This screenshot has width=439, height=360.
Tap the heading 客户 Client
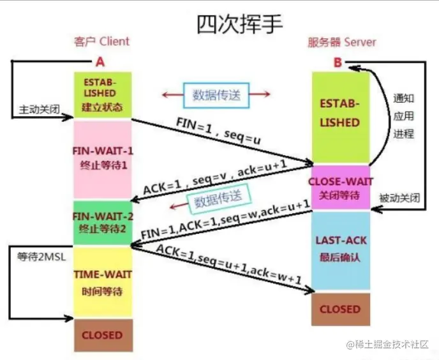click(101, 41)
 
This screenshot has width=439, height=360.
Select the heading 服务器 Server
click(343, 42)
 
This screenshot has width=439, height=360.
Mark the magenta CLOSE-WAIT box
click(340, 188)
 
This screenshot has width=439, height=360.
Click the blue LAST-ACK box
click(340, 250)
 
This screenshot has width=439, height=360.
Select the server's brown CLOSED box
click(340, 309)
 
